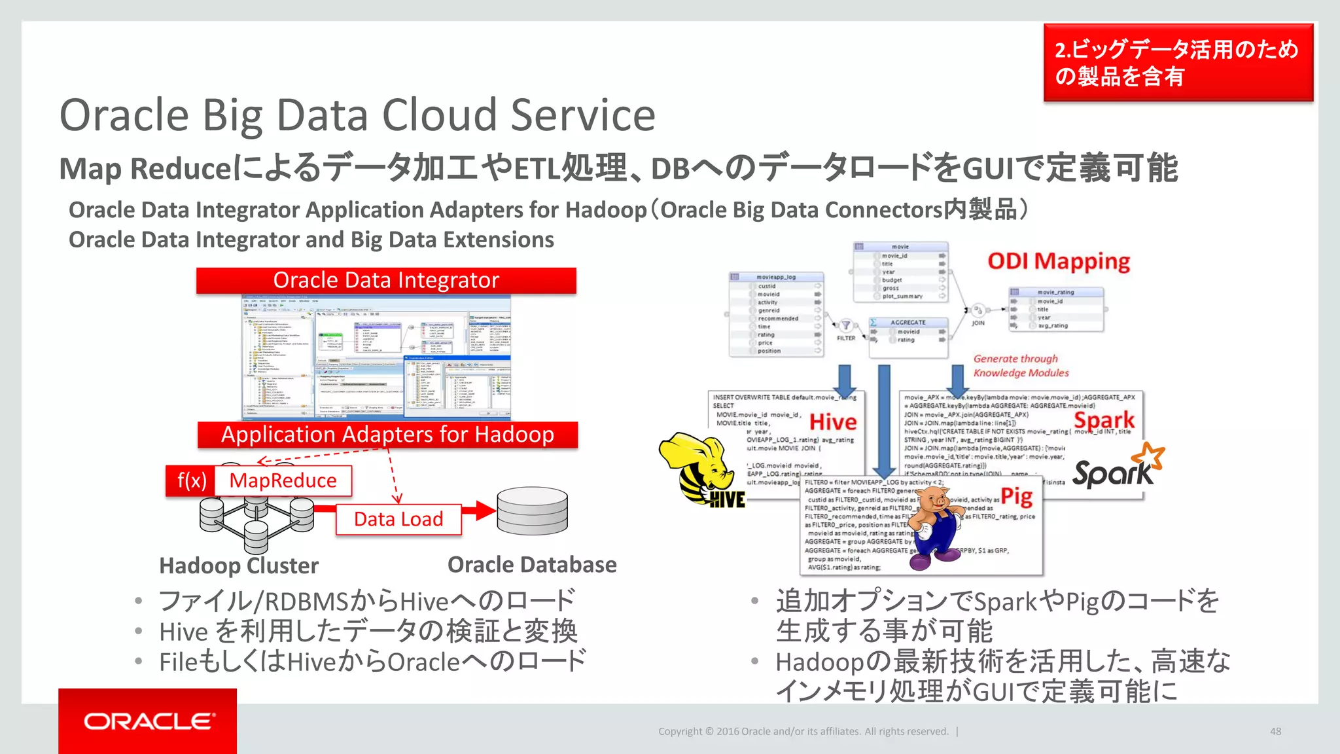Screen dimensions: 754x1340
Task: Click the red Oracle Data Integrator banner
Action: [x=386, y=280]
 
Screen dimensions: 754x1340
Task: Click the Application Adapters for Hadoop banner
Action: [x=387, y=435]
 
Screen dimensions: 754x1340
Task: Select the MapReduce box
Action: [x=283, y=480]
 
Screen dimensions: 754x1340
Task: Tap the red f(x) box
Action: [x=190, y=480]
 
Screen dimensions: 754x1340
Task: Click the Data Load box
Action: [x=398, y=519]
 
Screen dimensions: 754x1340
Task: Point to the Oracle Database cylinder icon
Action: [x=532, y=512]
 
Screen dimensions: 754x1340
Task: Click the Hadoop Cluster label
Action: [x=239, y=565]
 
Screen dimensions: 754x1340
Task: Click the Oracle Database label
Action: [x=532, y=564]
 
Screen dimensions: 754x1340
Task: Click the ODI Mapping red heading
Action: [x=1059, y=261]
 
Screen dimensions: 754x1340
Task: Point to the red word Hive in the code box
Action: [x=833, y=422]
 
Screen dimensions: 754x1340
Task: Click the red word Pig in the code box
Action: [x=1017, y=496]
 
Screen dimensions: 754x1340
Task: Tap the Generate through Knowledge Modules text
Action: [x=1021, y=366]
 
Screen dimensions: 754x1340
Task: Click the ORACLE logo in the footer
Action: [x=149, y=721]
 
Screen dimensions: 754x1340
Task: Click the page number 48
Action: [x=1275, y=731]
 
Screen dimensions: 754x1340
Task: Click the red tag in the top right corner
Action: [x=1178, y=63]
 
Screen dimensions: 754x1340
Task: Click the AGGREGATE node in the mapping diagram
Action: [x=908, y=322]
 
